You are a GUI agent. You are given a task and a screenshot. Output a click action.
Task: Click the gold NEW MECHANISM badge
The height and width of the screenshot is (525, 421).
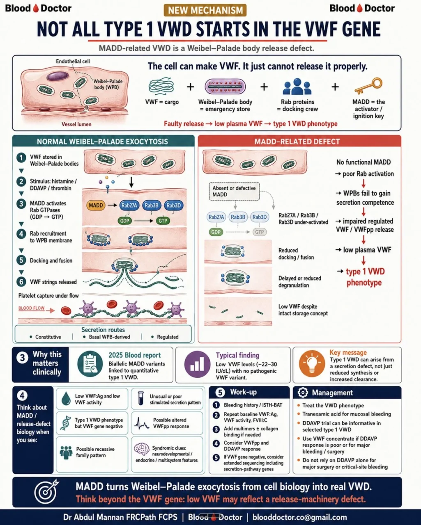205,10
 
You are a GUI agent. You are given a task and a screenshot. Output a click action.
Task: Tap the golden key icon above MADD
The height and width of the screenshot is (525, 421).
368,86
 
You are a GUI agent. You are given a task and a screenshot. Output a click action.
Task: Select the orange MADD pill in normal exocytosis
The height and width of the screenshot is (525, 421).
96,205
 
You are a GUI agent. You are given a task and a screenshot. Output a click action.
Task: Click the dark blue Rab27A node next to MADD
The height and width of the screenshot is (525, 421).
129,205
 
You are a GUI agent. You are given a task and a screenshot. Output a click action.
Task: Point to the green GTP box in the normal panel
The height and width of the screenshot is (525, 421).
163,221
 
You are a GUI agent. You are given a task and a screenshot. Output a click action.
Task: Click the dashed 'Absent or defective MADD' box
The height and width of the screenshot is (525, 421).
234,191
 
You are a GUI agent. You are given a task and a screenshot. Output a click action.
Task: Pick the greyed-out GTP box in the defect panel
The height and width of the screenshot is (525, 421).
260,232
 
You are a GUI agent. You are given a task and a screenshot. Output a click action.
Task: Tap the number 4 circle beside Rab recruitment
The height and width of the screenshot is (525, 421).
21,234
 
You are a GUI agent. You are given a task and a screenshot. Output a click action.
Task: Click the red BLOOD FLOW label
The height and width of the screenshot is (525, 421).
32,308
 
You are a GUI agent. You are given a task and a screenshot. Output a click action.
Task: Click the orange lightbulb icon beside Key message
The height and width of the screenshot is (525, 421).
312,363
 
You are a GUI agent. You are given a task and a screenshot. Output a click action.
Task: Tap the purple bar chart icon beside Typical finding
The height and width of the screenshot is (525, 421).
197,364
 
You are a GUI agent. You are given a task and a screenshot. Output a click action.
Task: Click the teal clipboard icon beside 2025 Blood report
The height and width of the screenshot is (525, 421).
90,364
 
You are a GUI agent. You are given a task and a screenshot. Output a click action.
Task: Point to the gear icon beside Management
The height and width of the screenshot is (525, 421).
303,393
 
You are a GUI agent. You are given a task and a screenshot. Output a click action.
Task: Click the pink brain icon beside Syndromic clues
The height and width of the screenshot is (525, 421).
141,449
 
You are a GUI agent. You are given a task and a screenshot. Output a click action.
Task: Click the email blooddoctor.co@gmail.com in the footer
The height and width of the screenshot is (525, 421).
299,517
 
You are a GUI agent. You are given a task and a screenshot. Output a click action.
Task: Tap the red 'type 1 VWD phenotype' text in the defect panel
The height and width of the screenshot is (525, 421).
365,277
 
